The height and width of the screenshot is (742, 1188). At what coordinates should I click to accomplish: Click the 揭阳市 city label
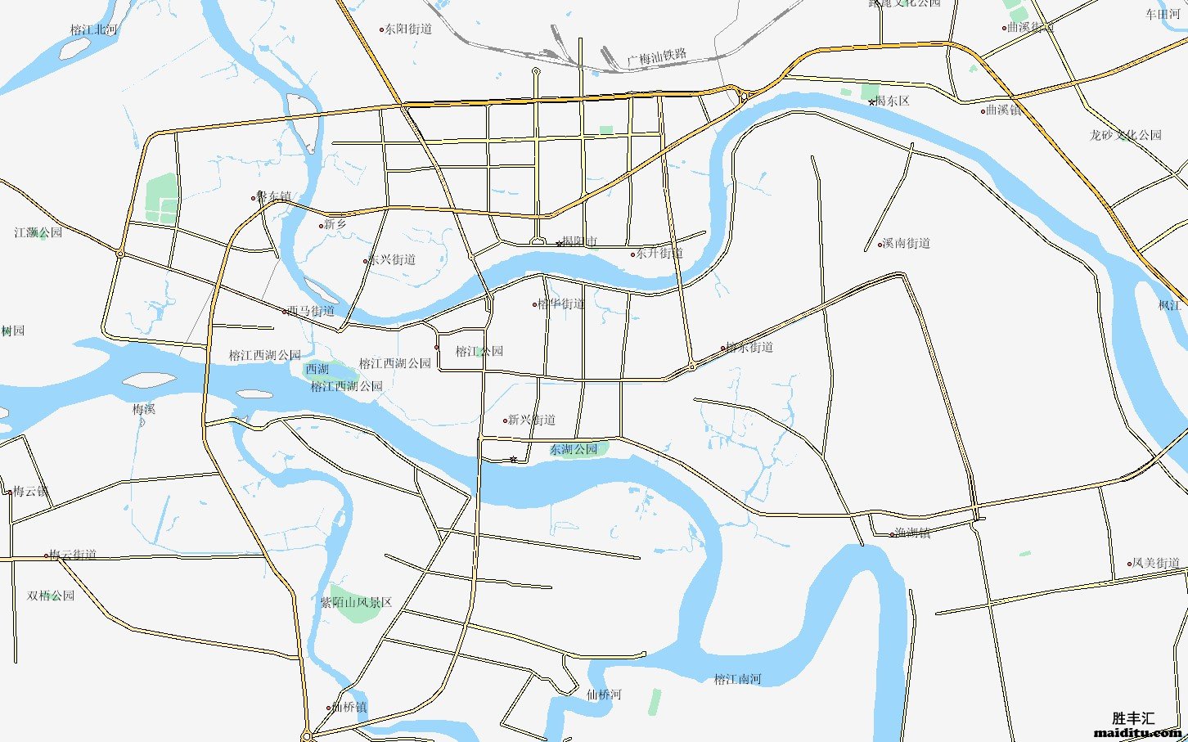click(x=579, y=242)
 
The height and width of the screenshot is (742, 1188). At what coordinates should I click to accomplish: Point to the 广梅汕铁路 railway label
click(x=656, y=57)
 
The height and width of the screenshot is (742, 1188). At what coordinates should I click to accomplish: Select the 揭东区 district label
click(x=892, y=101)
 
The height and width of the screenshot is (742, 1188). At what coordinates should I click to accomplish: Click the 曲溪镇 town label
click(x=1004, y=110)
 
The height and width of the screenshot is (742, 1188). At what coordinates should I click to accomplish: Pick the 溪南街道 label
click(x=906, y=243)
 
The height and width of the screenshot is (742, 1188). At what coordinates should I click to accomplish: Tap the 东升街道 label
click(x=659, y=254)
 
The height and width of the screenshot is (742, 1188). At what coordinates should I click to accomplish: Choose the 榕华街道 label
click(x=561, y=304)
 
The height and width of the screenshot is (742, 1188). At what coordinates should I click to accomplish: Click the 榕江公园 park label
click(x=479, y=351)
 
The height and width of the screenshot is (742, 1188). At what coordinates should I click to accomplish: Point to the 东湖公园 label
click(x=574, y=449)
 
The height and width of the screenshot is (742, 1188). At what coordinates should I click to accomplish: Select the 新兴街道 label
click(x=531, y=420)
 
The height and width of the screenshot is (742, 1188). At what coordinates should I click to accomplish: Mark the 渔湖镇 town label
click(x=912, y=533)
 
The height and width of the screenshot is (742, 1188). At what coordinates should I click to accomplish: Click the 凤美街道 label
click(x=1155, y=563)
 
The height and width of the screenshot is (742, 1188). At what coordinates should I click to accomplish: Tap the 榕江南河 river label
click(x=737, y=679)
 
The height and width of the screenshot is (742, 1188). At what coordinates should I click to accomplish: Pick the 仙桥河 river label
click(x=604, y=695)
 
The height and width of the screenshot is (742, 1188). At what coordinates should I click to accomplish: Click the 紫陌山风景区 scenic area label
click(x=356, y=602)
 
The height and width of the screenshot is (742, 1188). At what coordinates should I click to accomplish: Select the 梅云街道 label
click(x=73, y=555)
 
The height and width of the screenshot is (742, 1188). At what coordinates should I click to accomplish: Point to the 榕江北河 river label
click(x=93, y=29)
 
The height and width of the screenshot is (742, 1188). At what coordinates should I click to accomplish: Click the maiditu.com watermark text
click(x=1137, y=732)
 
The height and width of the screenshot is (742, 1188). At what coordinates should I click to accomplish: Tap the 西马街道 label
click(x=310, y=311)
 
